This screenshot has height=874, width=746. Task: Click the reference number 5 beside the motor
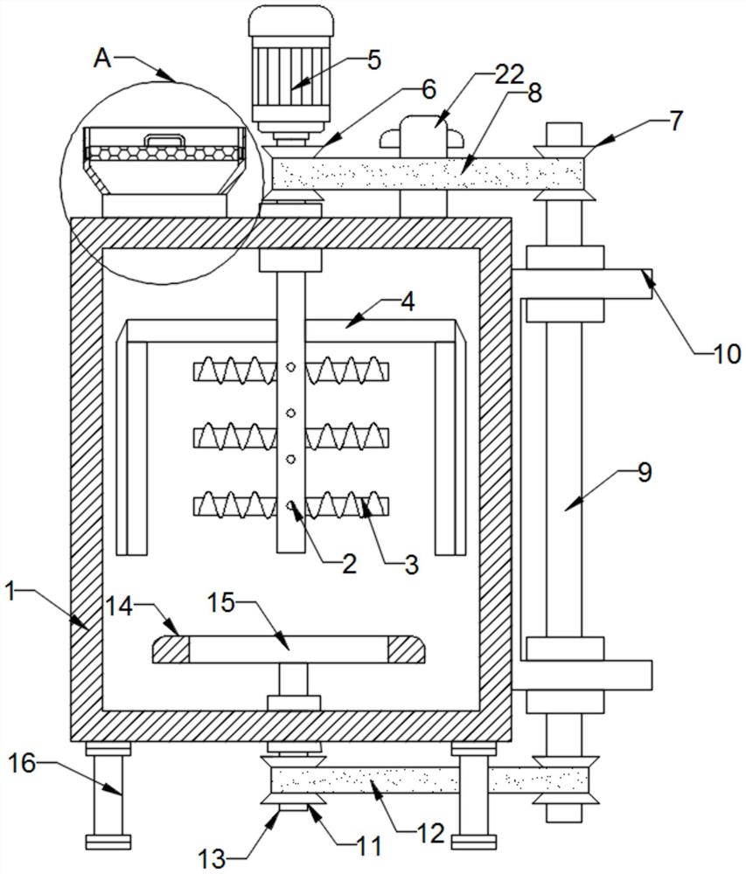pos(374,61)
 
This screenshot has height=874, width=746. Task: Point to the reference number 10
pos(727,354)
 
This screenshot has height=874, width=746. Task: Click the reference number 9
pos(644,473)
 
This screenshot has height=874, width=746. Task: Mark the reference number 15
pos(222,602)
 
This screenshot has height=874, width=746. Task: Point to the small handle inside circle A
pos(165,138)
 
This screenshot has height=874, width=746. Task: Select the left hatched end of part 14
pos(171,650)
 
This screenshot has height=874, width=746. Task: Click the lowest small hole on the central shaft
pos(290,503)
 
